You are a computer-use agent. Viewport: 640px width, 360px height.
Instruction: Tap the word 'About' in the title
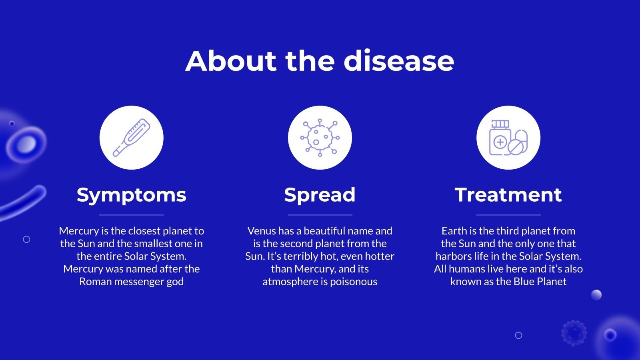(x=231, y=61)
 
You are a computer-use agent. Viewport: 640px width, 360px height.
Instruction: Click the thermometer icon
(x=131, y=138)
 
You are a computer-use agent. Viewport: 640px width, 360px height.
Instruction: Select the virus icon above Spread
(x=320, y=138)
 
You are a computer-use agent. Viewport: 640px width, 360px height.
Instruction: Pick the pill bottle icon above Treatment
(x=508, y=138)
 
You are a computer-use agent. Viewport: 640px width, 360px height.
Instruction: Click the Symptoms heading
(x=131, y=195)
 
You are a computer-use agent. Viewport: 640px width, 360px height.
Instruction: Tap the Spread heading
(x=320, y=195)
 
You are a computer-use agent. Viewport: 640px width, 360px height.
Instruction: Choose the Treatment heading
(x=508, y=195)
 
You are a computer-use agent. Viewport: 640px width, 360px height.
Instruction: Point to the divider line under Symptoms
(x=131, y=215)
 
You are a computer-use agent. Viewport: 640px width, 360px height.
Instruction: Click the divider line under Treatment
(x=508, y=215)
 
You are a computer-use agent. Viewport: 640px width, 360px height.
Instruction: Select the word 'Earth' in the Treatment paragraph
(x=454, y=231)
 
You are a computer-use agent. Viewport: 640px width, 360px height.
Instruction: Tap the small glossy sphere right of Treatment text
(x=596, y=295)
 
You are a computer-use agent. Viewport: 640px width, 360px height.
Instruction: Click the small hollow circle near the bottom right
(x=518, y=335)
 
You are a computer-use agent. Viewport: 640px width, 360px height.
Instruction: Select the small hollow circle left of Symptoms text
(x=27, y=239)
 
